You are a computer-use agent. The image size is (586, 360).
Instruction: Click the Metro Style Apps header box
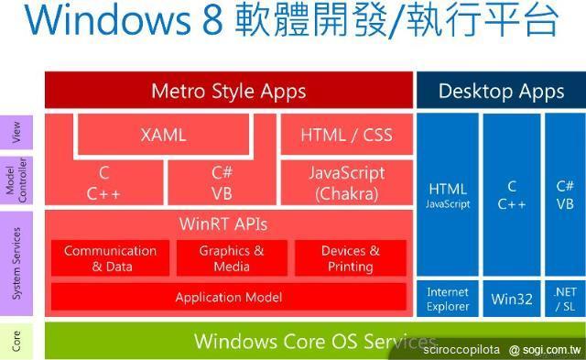228,91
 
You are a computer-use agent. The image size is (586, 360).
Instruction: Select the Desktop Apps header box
501,91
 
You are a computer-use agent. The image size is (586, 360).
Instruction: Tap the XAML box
164,135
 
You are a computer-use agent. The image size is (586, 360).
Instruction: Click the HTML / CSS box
346,135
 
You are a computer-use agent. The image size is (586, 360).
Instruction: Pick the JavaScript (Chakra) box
346,182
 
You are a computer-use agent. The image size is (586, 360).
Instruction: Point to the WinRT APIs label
222,224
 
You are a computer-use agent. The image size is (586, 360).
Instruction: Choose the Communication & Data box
110,258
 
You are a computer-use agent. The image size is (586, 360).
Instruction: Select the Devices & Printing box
350,258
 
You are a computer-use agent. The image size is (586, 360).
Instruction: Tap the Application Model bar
228,297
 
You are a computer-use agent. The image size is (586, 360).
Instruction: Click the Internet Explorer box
448,299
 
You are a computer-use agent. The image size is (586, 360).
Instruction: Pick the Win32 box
511,299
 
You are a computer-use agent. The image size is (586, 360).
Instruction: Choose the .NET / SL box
565,299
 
